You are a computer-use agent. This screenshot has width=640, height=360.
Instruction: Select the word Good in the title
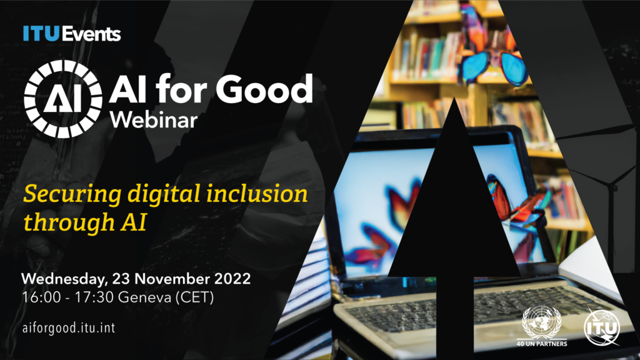pyautogui.click(x=269, y=92)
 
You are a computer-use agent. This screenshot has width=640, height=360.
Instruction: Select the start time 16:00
pyautogui.click(x=40, y=297)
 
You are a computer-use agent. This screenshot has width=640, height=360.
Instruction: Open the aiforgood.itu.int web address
pyautogui.click(x=69, y=327)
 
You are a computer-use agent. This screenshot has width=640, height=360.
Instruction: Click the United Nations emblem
pyautogui.click(x=541, y=322)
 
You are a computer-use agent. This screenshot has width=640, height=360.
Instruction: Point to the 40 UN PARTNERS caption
pyautogui.click(x=541, y=344)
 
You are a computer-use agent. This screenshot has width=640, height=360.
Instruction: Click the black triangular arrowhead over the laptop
pyautogui.click(x=454, y=206)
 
